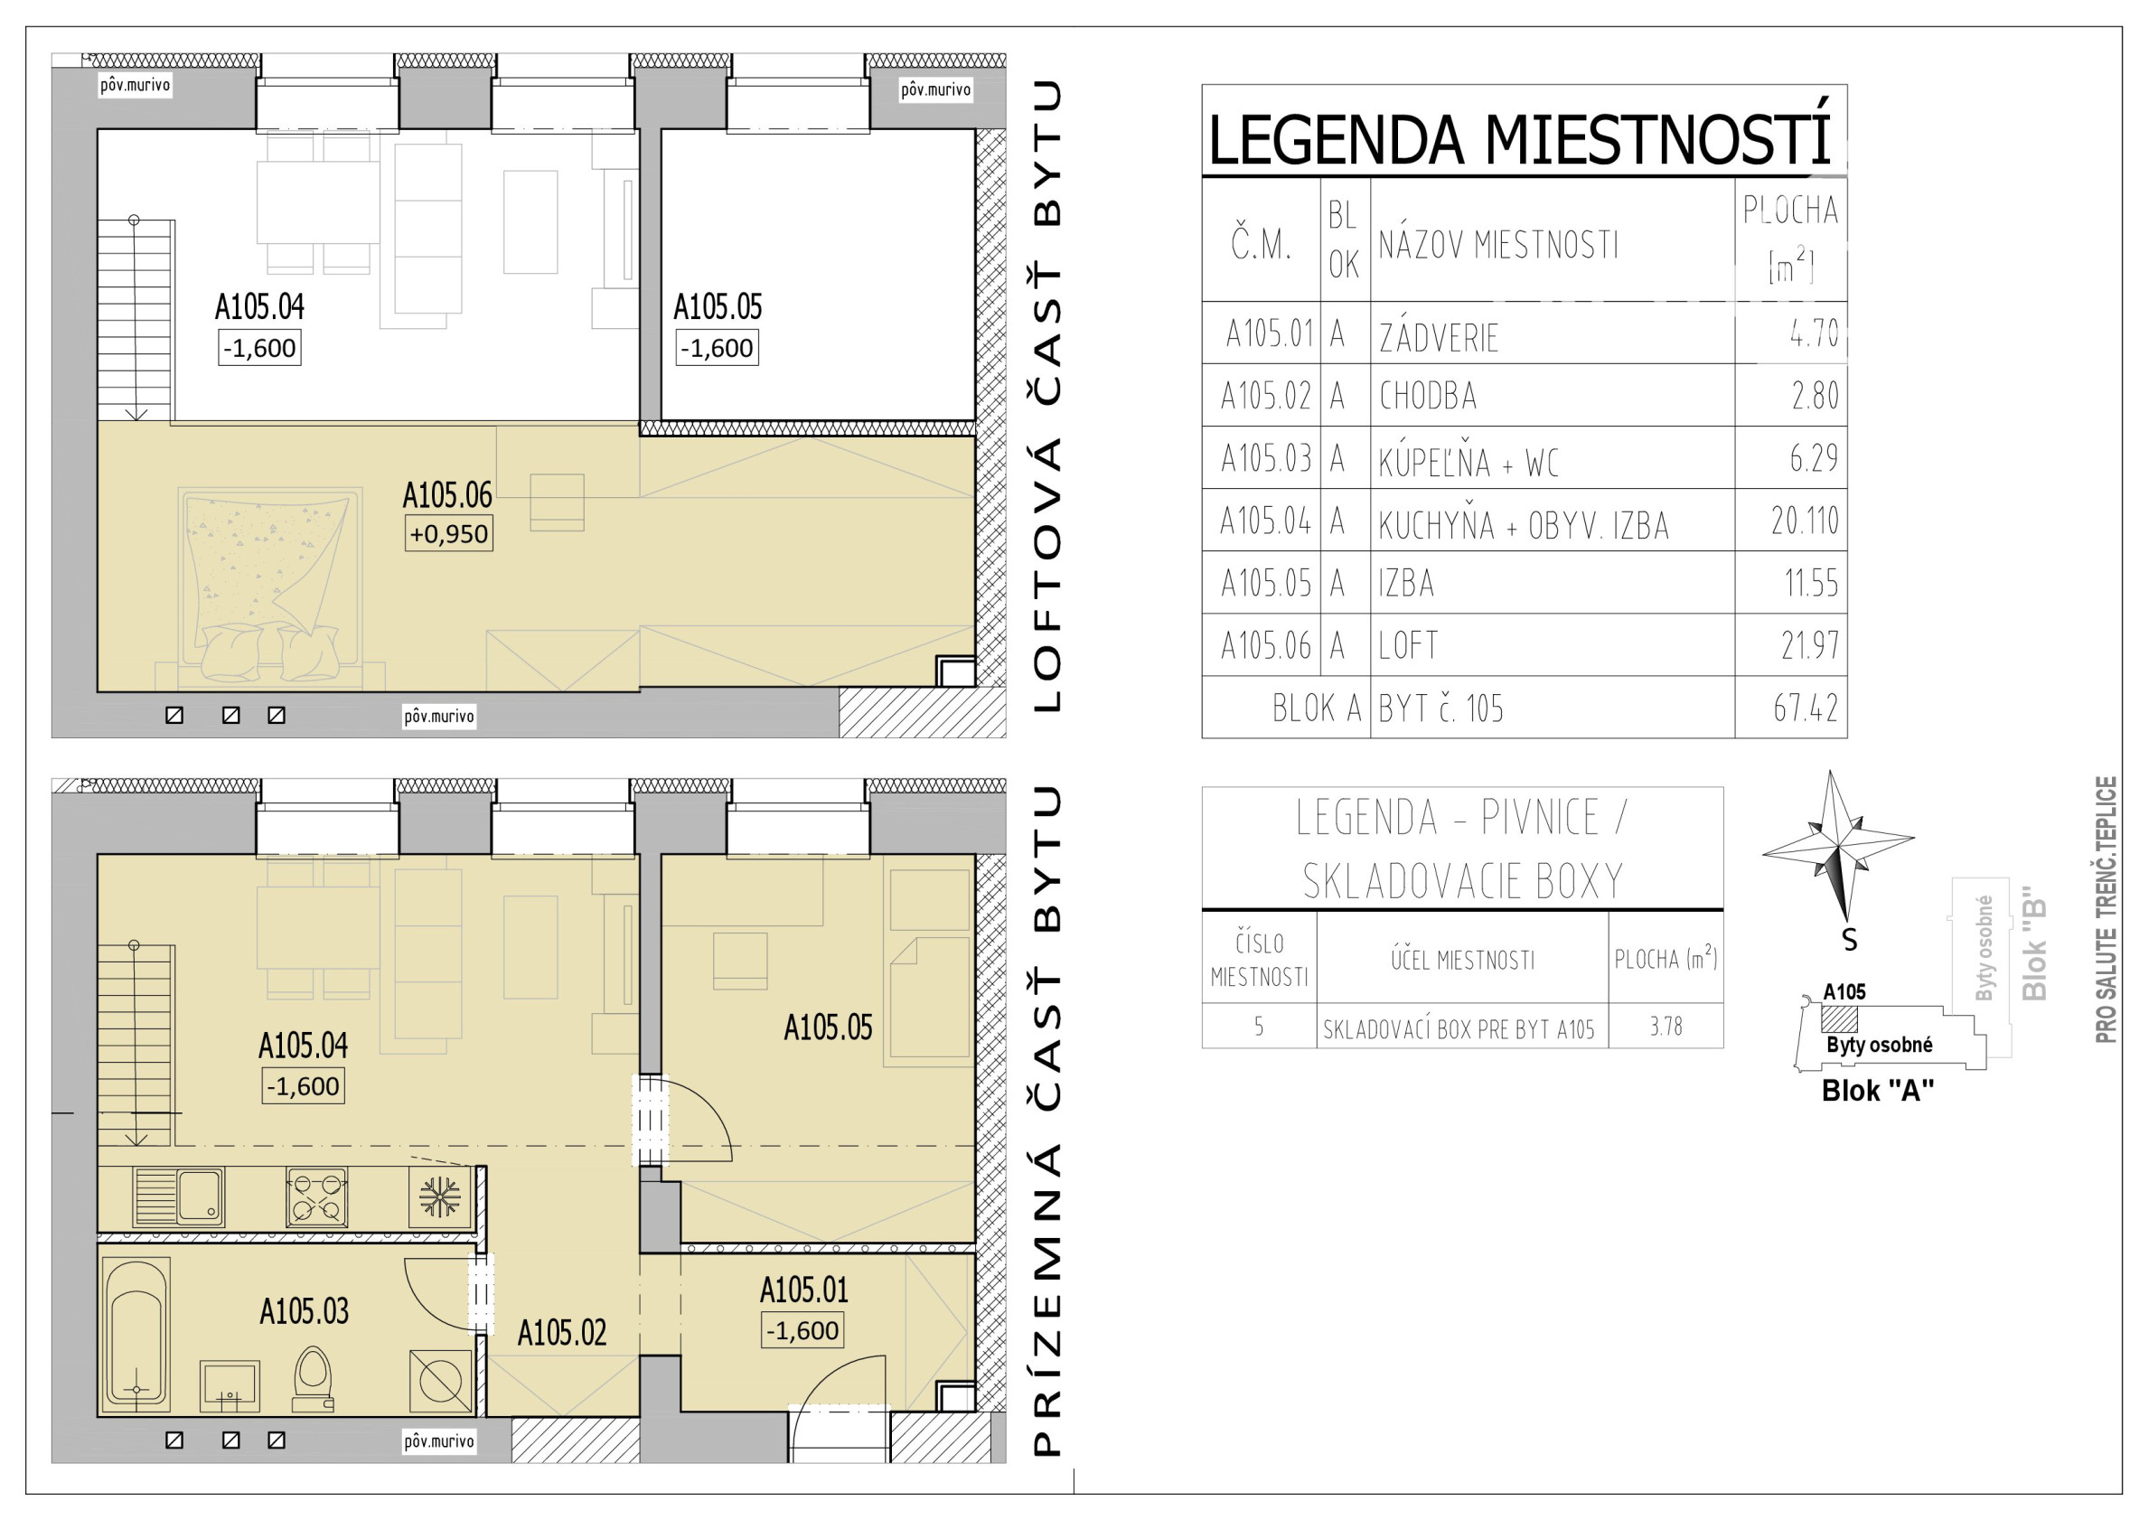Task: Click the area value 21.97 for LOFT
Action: [x=1809, y=645]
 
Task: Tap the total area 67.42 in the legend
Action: [x=1806, y=708]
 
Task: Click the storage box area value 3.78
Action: [x=1666, y=1027]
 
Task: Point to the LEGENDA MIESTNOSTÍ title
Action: [x=1518, y=138]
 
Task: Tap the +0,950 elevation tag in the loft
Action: [x=448, y=533]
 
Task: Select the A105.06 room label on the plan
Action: [x=446, y=494]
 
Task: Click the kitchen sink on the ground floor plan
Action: [x=179, y=1196]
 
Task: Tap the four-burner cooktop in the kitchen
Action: [x=316, y=1196]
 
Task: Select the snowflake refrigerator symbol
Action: [x=440, y=1196]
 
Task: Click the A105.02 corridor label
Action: [x=561, y=1333]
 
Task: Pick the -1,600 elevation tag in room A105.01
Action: [x=803, y=1330]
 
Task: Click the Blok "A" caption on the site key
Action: [x=1878, y=1091]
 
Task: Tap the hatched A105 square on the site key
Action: [x=1839, y=1018]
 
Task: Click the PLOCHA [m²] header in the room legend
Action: [x=1789, y=239]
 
